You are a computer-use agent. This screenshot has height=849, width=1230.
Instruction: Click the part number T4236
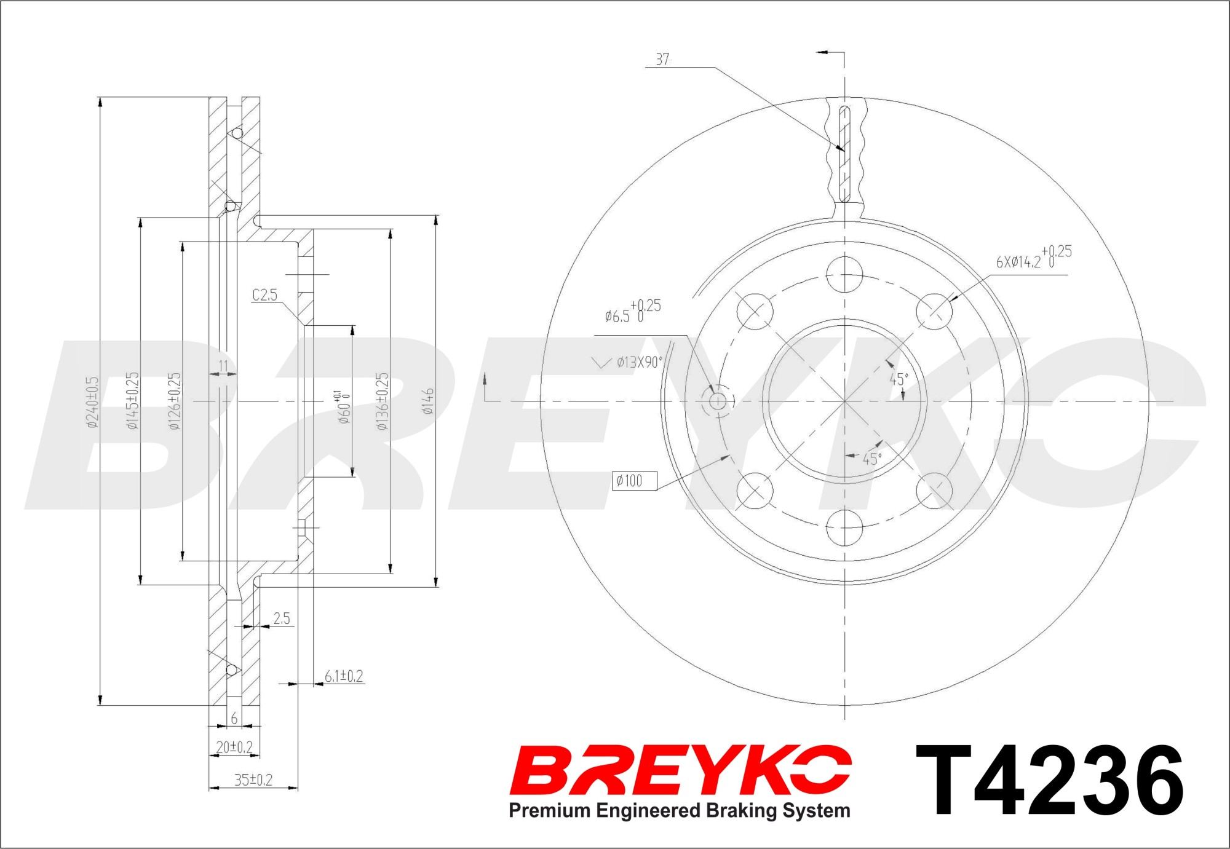[1049, 780]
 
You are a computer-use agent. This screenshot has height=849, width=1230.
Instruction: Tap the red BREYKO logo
[680, 770]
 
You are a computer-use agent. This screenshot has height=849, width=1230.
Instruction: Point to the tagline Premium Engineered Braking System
[680, 810]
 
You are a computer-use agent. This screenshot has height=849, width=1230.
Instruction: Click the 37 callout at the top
[662, 59]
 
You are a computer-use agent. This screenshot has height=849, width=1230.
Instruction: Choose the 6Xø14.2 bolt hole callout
[1034, 257]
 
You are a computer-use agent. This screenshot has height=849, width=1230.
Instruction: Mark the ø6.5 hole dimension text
[633, 311]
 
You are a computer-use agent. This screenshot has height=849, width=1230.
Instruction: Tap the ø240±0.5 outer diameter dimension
[92, 402]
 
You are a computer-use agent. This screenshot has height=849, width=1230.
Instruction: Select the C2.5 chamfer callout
[265, 295]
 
